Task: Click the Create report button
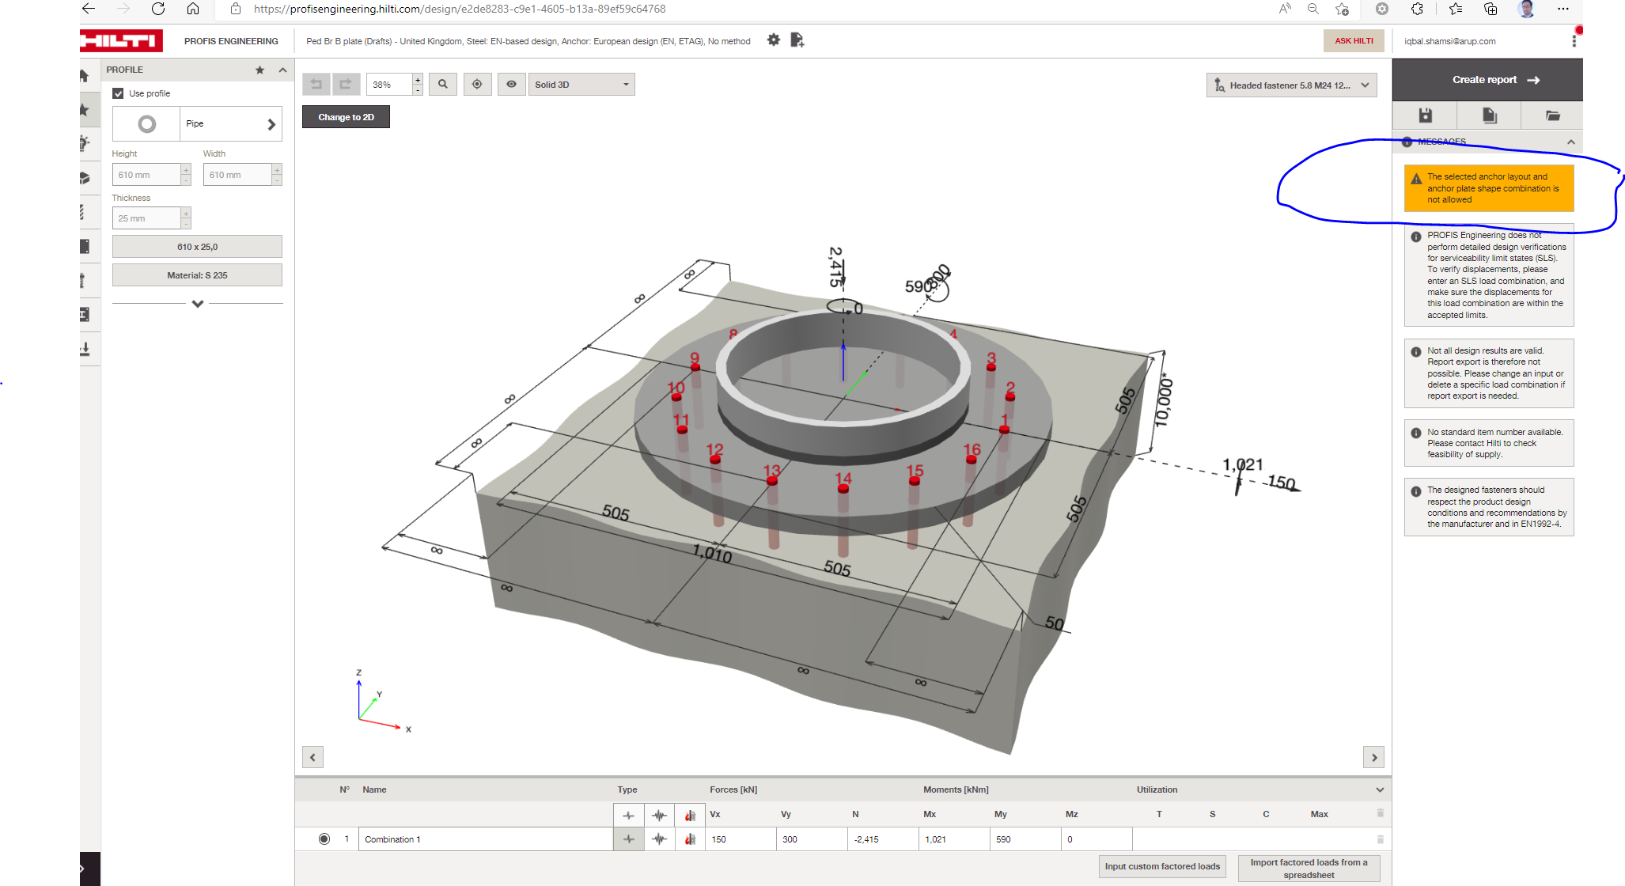click(1487, 80)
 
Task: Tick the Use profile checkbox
click(119, 93)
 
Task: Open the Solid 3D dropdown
click(581, 85)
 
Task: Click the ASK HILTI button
click(1353, 41)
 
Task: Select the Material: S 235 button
click(197, 275)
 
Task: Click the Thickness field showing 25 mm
click(147, 218)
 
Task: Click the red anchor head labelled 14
click(843, 489)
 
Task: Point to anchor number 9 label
click(695, 358)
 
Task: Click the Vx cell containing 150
click(740, 839)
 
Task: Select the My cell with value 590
click(1023, 839)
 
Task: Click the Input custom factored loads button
click(1161, 866)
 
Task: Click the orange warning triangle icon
click(1416, 179)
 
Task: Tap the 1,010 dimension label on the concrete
click(712, 553)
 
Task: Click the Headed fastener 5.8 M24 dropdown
click(1291, 85)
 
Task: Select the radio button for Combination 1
click(324, 839)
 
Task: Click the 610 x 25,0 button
click(197, 247)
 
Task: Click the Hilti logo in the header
click(121, 41)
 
